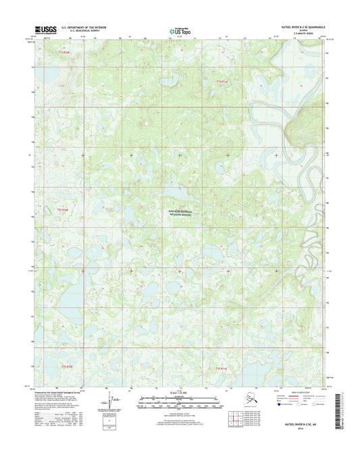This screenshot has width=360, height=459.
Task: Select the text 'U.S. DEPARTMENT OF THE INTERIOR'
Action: [84, 28]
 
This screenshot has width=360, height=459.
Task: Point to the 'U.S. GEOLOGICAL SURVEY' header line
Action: [80, 31]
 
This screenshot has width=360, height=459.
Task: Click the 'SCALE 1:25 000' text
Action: [180, 392]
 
